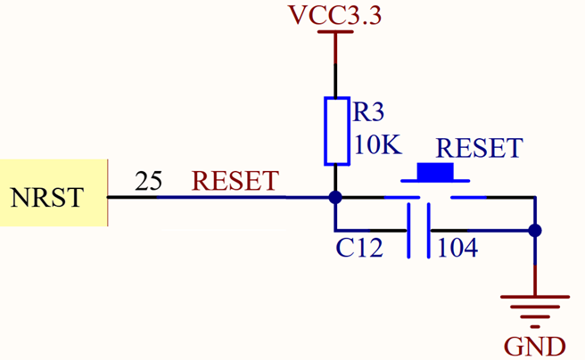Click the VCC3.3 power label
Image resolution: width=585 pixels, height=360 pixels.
tap(335, 15)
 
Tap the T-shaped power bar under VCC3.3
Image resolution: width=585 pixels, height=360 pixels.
tap(335, 34)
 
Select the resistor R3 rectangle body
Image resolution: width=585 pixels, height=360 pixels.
tap(336, 131)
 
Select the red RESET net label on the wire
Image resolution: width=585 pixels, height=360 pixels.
tap(235, 182)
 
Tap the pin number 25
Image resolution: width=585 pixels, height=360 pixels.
tap(148, 183)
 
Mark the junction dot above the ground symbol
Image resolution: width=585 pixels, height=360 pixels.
tap(534, 231)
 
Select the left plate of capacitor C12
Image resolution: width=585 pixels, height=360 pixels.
tap(409, 231)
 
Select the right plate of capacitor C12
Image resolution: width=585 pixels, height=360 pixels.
tap(429, 231)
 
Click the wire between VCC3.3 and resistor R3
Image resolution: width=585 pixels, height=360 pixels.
tap(335, 67)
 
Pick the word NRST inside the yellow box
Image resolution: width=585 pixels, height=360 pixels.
tap(47, 197)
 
